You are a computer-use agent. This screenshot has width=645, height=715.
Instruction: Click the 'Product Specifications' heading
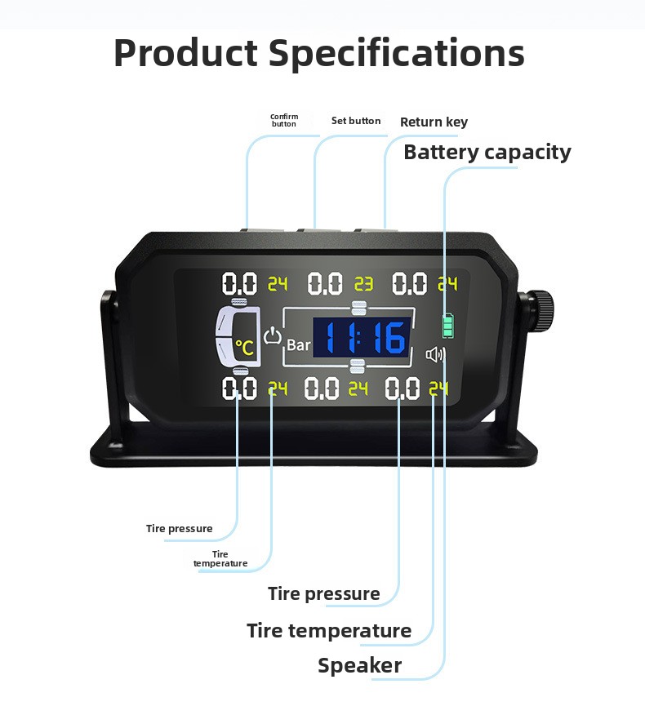click(319, 53)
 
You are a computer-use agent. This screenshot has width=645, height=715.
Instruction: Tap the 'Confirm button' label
click(284, 120)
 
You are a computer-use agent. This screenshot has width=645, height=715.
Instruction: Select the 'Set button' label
click(356, 121)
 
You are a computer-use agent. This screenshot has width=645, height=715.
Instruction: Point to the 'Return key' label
click(434, 122)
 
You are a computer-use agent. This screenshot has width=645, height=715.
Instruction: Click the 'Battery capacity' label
click(487, 153)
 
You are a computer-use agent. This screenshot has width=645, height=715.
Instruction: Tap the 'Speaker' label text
click(359, 665)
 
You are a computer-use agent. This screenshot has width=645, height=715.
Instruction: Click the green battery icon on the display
click(448, 326)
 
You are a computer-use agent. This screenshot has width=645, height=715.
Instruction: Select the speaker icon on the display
click(435, 354)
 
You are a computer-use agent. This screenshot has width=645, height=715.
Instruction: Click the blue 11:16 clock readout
click(362, 337)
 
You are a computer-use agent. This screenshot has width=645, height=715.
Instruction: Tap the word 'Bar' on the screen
click(299, 345)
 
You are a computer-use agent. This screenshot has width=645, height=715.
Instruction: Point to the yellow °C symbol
click(244, 348)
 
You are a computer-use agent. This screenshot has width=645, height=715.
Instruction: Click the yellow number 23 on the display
click(364, 284)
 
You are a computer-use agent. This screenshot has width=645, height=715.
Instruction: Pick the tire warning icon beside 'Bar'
click(273, 335)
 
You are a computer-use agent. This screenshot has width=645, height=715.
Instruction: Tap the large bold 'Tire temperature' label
click(329, 631)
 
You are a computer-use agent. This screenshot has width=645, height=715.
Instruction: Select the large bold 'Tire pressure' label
click(324, 593)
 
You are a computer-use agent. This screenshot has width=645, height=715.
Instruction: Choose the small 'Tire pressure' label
click(180, 529)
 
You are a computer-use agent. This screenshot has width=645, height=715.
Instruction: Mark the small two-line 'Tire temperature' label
click(220, 558)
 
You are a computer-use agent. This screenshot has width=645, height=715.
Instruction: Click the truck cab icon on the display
click(238, 336)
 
